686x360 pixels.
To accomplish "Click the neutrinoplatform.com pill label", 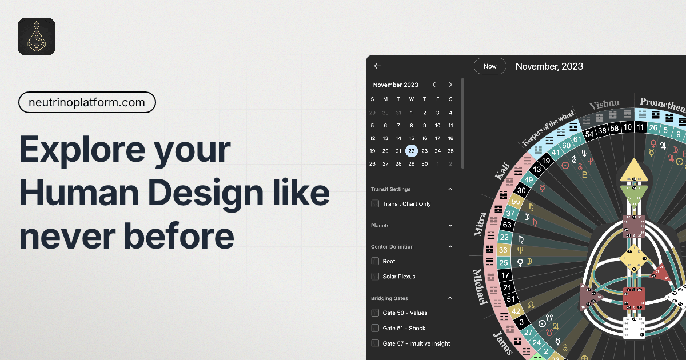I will (x=87, y=103).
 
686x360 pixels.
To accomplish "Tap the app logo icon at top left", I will (x=37, y=37).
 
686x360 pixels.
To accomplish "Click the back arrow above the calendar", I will (x=378, y=66).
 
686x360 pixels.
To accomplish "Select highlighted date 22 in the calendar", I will (x=412, y=151).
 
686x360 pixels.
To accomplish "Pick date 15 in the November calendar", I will (x=412, y=138).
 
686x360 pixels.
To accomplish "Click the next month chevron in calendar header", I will (x=450, y=85).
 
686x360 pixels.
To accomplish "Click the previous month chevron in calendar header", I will (x=434, y=85).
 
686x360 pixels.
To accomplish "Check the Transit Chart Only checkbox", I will (x=376, y=203).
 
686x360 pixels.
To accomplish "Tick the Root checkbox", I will (x=376, y=261).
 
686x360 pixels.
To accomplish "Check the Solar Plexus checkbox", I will (x=376, y=277).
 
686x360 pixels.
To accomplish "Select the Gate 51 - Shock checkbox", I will (x=376, y=328).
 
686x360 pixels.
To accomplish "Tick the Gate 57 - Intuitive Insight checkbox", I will (x=376, y=343).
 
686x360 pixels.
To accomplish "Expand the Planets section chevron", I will (x=450, y=226).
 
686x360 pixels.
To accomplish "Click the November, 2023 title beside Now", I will (x=549, y=66).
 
